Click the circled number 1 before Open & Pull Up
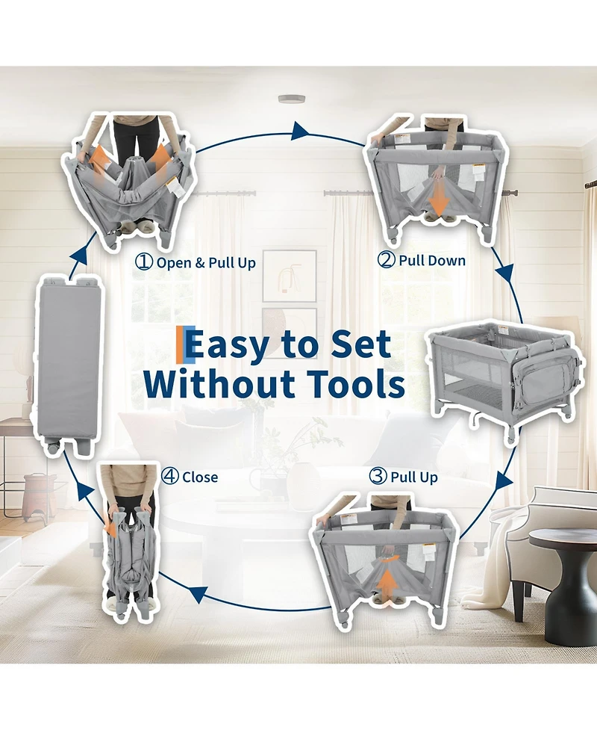click(144, 262)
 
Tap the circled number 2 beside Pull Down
click(387, 259)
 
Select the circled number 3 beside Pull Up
click(378, 476)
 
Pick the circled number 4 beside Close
click(170, 476)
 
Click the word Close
click(200, 477)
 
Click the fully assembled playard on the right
click(505, 378)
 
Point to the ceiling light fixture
click(292, 98)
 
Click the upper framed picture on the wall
click(290, 276)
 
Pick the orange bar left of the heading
click(181, 345)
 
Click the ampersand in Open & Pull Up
click(200, 263)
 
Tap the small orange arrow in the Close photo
click(110, 528)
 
